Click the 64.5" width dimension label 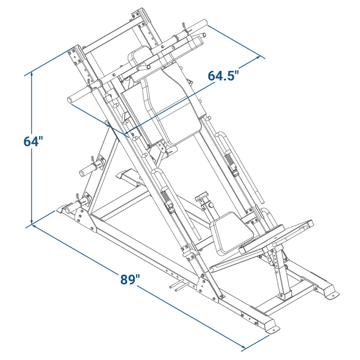tap(224, 75)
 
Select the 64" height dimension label tap(33, 141)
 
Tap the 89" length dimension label tap(130, 279)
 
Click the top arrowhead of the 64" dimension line tap(32, 74)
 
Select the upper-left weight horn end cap tap(70, 100)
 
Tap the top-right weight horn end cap tap(204, 22)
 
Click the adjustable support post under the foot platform tap(280, 273)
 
